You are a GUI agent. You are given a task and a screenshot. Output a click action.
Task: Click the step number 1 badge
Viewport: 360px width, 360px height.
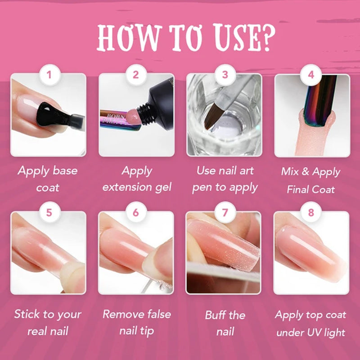[49, 75]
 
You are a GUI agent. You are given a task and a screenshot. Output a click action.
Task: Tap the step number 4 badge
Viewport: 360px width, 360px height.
[310, 75]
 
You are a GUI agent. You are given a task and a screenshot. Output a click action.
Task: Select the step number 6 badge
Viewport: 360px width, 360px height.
[136, 212]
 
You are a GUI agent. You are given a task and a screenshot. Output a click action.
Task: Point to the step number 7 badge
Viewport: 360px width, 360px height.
[225, 212]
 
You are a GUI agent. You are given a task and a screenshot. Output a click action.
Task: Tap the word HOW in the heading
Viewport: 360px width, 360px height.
[129, 38]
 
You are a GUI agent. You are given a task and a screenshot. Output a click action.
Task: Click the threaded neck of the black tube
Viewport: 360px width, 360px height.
[144, 114]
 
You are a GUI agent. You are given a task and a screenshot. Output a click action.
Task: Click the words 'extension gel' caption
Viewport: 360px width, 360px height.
[137, 188]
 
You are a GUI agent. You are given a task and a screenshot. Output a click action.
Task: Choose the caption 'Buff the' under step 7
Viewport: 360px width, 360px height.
[225, 315]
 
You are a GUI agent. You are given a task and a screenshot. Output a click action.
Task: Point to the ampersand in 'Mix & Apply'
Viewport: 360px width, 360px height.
[306, 171]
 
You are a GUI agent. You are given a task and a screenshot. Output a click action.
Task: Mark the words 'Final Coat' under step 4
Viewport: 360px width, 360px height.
[310, 189]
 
